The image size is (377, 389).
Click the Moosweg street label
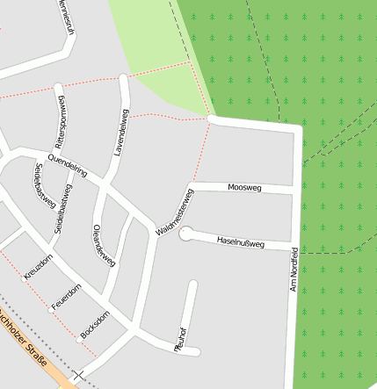[243, 188]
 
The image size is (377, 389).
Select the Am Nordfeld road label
[294, 268]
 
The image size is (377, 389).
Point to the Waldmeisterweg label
[174, 212]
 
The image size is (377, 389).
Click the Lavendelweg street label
[121, 133]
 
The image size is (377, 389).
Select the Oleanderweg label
[104, 245]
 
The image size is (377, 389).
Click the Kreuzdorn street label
[39, 266]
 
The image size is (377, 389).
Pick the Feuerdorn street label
[67, 296]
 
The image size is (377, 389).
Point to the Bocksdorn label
[94, 325]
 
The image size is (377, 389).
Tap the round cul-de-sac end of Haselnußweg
[185, 234]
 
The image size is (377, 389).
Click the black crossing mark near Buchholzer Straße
[79, 375]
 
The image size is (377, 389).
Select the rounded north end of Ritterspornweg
[59, 88]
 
